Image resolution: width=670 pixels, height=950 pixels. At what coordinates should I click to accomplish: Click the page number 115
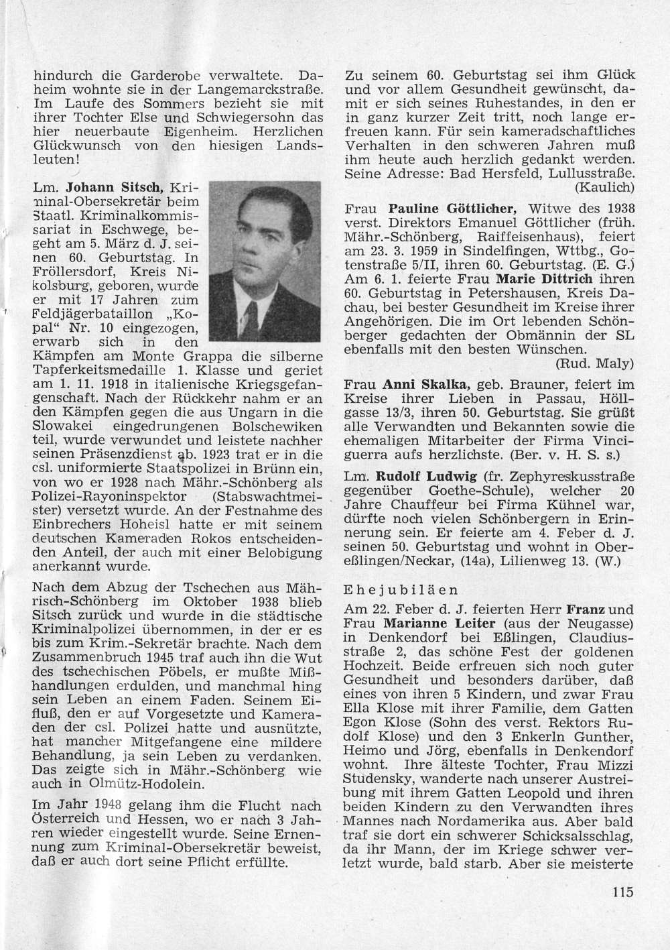click(x=622, y=892)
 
